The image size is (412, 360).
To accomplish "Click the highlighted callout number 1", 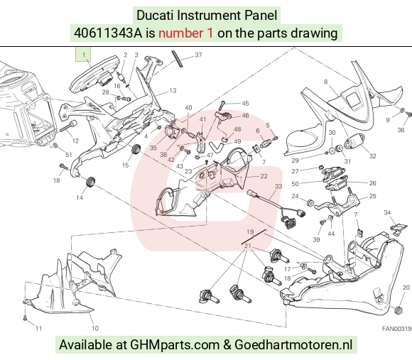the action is coord(84,55).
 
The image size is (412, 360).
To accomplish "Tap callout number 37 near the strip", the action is coord(198,55).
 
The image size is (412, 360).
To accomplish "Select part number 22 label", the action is coord(264,176).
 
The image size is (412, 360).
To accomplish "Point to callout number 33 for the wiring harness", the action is coord(278,186).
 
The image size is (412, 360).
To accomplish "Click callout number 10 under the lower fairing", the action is coord(95,328).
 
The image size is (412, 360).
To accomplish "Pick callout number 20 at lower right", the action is coord(406,288).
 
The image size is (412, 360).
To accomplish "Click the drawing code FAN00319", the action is coord(396,329).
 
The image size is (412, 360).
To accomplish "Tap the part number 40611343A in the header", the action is coord(108,33).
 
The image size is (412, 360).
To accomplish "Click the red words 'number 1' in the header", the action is coord(185,33).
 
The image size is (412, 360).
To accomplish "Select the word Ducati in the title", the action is coord(155,15).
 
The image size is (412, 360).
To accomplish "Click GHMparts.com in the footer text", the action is coord(175,344).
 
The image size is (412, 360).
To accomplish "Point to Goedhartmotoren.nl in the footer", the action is coord(293,344).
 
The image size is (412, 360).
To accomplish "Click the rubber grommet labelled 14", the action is coord(91,182).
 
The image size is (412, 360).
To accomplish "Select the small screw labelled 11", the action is coord(25,317).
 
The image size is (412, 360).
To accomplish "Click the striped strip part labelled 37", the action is coord(178,59).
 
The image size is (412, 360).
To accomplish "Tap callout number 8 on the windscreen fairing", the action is coord(326,82).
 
